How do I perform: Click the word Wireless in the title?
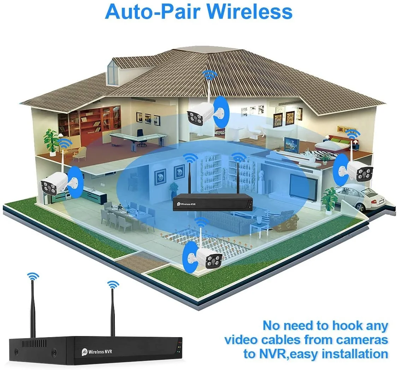250,12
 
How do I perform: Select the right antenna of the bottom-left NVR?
113,313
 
